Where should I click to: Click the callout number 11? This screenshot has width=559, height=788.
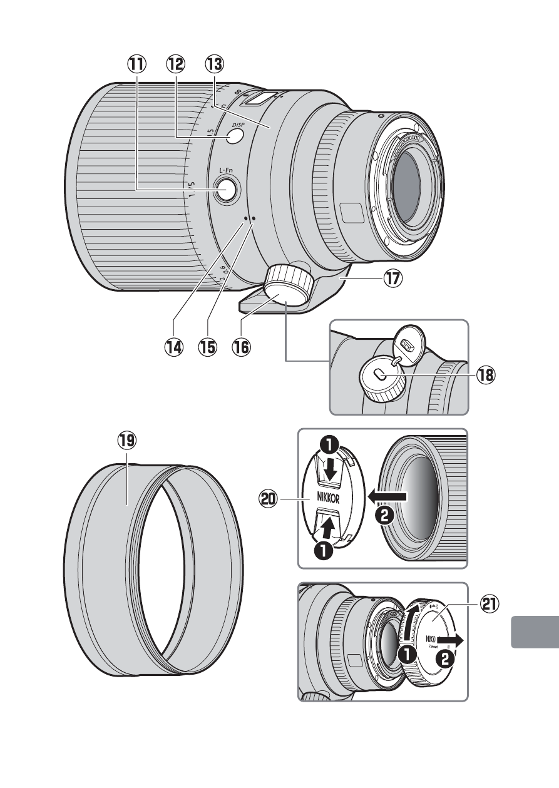click(136, 63)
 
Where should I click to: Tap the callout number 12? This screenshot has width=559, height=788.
click(176, 63)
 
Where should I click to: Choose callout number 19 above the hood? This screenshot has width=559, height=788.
click(127, 440)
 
